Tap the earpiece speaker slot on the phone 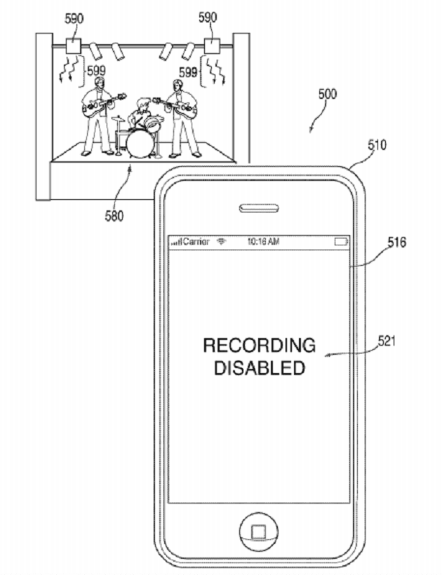[x=260, y=208]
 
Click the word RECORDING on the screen [x=259, y=345]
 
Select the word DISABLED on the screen [x=259, y=367]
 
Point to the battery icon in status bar [x=341, y=241]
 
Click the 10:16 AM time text [x=263, y=241]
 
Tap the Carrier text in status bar [x=196, y=241]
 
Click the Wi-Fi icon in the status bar [x=221, y=241]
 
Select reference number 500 [x=327, y=95]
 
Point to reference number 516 [x=396, y=243]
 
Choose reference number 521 [x=387, y=341]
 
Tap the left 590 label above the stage [x=74, y=18]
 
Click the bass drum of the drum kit [x=138, y=143]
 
